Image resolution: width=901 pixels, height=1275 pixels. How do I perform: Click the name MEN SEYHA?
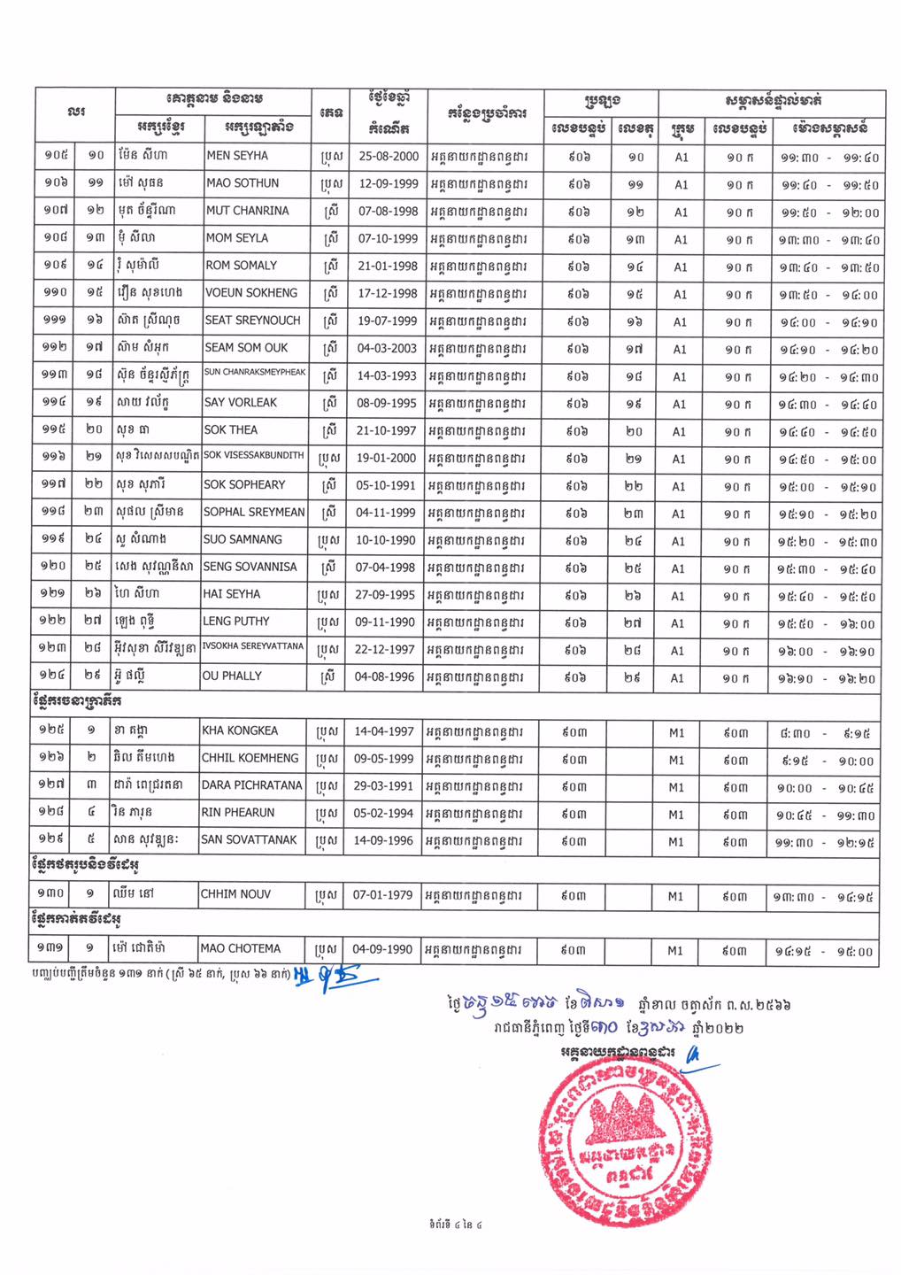(x=237, y=156)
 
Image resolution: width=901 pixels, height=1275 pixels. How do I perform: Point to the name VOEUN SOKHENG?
(x=250, y=293)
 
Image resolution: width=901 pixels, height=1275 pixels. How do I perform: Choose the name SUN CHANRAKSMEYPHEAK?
(x=255, y=373)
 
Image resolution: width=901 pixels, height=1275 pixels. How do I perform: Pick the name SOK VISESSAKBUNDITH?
(x=253, y=455)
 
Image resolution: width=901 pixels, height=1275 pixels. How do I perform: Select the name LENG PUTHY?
(x=236, y=622)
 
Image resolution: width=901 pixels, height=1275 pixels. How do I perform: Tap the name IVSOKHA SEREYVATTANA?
(x=253, y=646)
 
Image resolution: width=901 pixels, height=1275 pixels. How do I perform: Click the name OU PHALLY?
(x=233, y=676)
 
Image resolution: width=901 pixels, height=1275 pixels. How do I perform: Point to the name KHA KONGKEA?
(x=239, y=731)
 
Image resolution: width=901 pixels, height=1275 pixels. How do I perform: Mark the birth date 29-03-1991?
(x=383, y=786)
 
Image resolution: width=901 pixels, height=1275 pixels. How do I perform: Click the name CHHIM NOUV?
(x=235, y=895)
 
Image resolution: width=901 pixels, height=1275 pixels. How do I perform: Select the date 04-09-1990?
(x=382, y=949)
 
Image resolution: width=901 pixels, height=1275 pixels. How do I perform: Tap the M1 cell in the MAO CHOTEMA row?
(x=675, y=951)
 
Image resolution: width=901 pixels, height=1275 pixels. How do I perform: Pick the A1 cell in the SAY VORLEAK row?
(x=679, y=404)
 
